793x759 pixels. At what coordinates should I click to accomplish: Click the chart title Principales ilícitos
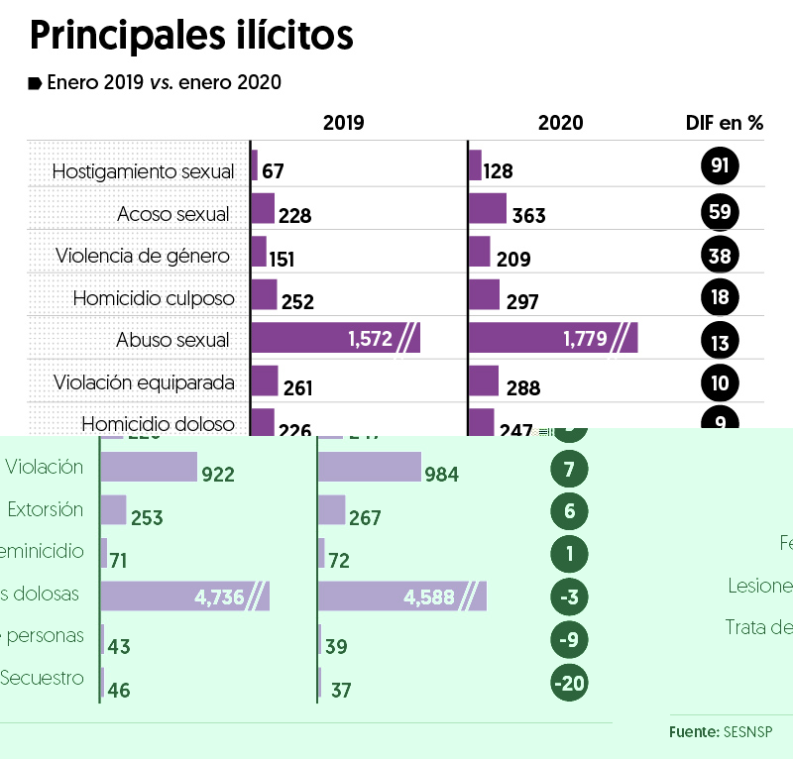(x=191, y=36)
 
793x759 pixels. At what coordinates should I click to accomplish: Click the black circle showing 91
(x=721, y=165)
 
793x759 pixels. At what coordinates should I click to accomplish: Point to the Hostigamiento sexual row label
(x=143, y=171)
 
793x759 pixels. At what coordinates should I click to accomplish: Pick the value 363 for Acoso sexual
(x=529, y=216)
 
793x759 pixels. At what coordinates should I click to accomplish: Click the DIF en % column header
(x=725, y=124)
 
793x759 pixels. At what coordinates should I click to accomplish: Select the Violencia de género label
(x=143, y=256)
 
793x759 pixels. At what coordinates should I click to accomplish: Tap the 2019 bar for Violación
(x=149, y=467)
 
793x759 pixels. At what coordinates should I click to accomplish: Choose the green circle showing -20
(x=568, y=685)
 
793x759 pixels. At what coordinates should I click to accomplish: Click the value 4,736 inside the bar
(x=220, y=597)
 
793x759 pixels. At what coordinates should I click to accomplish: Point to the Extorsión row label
(x=46, y=509)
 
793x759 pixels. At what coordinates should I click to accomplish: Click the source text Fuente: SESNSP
(x=720, y=731)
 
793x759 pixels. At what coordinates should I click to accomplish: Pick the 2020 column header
(x=561, y=124)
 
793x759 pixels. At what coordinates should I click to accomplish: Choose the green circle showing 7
(x=568, y=470)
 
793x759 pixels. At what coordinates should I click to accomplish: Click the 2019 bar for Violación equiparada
(x=264, y=380)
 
